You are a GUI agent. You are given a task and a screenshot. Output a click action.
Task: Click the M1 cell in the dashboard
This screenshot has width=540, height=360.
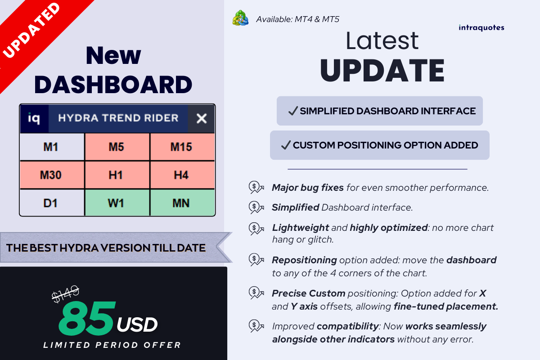(52, 147)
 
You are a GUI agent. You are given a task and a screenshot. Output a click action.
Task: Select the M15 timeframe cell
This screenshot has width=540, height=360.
(182, 147)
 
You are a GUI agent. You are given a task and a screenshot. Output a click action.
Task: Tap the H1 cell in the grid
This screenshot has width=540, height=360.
(117, 175)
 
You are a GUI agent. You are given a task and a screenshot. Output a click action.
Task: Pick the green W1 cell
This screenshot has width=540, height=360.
(117, 203)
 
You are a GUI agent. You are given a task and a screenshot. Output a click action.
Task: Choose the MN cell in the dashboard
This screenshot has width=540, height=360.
(182, 203)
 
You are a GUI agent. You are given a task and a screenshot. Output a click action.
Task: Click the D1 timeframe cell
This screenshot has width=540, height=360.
(52, 203)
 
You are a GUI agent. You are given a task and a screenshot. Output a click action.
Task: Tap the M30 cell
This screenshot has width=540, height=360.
(52, 175)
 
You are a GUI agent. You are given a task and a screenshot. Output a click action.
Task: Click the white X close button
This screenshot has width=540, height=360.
(202, 118)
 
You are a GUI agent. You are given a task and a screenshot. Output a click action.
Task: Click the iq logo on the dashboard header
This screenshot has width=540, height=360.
(34, 118)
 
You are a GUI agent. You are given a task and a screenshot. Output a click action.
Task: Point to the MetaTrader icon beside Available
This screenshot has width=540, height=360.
(240, 18)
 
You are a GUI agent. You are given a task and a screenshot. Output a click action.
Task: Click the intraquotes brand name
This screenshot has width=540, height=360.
(481, 28)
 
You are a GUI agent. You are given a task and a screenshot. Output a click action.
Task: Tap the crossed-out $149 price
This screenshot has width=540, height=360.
(66, 294)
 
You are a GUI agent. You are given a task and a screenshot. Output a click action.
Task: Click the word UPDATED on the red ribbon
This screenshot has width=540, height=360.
(31, 31)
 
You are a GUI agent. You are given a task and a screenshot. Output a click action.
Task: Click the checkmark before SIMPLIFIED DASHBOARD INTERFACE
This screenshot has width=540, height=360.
(293, 111)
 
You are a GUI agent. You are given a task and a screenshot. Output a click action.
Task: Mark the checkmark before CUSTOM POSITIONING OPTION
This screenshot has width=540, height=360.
(286, 145)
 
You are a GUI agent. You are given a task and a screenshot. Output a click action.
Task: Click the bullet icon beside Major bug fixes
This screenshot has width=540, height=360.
(256, 187)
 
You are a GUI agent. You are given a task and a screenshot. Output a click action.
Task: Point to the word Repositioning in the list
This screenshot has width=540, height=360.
(304, 260)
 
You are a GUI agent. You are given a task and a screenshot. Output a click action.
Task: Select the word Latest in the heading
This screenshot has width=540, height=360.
(382, 41)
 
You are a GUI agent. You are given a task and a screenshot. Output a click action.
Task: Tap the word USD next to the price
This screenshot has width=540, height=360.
(137, 324)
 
